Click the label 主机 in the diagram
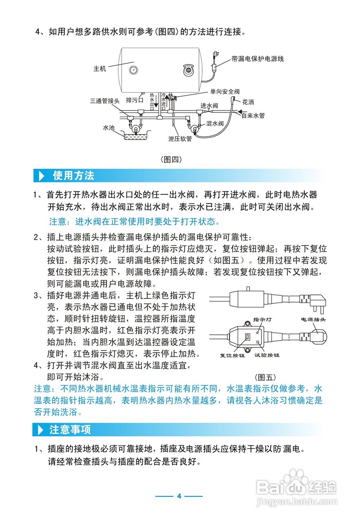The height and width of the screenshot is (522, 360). (x=100, y=69)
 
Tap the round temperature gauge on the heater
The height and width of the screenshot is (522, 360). (x=133, y=70)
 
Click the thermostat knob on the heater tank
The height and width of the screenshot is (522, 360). (x=188, y=71)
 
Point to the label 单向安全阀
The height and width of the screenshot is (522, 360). (x=225, y=92)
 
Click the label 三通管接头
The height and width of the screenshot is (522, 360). (x=105, y=101)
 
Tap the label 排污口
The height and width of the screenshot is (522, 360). (x=135, y=100)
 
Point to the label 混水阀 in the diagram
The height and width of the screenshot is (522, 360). (x=215, y=123)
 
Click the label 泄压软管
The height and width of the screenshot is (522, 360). (x=180, y=139)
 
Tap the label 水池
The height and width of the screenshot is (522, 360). (x=109, y=128)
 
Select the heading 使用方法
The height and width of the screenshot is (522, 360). (x=73, y=176)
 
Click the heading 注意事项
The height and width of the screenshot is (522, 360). (x=70, y=429)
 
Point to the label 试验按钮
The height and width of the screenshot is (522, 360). (x=267, y=355)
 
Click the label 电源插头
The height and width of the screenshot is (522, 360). (x=314, y=320)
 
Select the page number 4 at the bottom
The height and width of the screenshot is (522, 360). (x=179, y=496)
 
